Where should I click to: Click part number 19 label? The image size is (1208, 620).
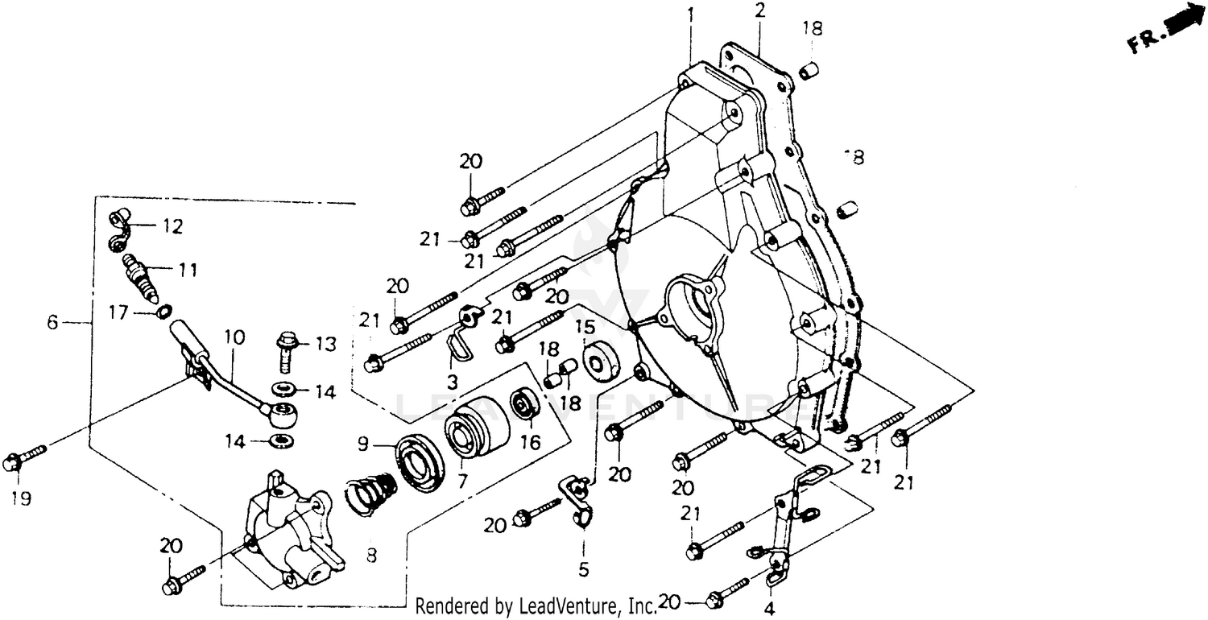pos(21,499)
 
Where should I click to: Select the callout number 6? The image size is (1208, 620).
pos(52,322)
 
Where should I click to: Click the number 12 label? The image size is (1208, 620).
pos(170,226)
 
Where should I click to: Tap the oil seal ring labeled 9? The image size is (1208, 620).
pos(423,461)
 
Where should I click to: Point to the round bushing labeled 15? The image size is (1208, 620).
pos(601,362)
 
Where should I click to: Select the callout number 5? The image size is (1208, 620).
pos(583,569)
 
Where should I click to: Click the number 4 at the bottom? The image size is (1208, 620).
pos(769,609)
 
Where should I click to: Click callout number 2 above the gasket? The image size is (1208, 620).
pos(759,10)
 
